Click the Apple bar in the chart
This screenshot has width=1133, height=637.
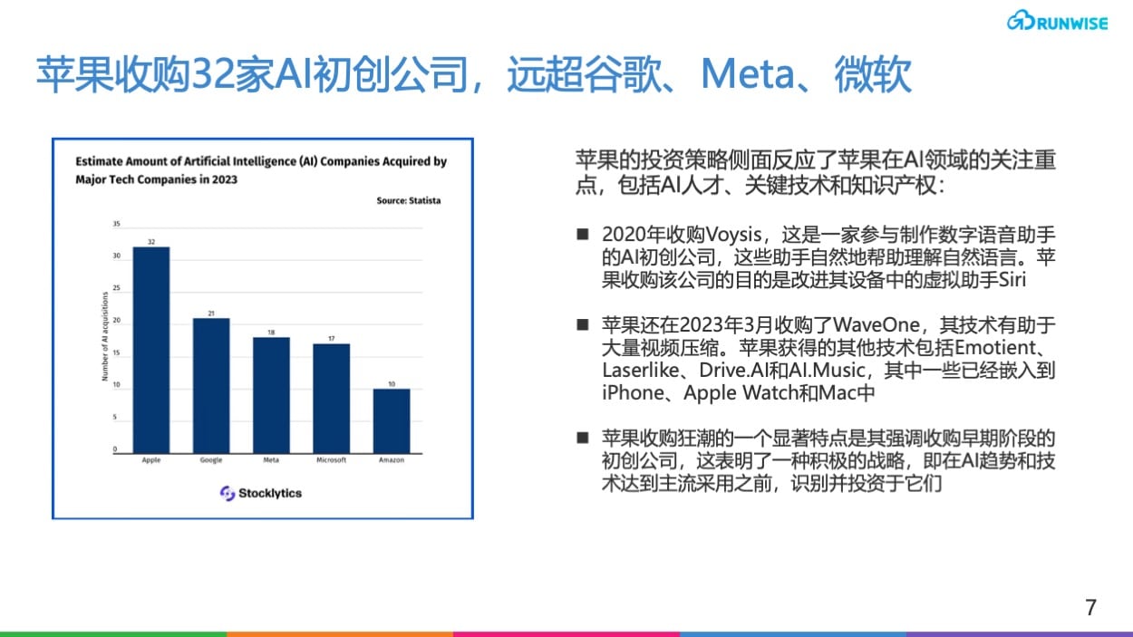(151, 350)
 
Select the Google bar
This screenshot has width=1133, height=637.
(211, 386)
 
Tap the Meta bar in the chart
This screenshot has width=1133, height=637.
(271, 395)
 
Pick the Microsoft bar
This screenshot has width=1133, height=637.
(332, 399)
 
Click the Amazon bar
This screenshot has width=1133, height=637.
(392, 421)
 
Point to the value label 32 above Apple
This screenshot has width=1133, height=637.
(151, 242)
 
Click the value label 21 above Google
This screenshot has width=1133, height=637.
(211, 314)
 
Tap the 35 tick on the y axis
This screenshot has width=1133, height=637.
(116, 224)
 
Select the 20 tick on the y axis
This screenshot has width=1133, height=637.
(116, 321)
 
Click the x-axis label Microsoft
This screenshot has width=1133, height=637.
(332, 460)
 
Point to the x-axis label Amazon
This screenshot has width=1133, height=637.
(392, 460)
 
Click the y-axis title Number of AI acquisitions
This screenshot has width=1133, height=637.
(105, 336)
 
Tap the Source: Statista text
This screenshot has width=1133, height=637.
(409, 201)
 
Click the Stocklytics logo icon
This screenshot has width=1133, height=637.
(228, 494)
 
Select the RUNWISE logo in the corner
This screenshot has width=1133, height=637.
(1057, 21)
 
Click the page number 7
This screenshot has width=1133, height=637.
(1090, 607)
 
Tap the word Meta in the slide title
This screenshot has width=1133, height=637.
(748, 74)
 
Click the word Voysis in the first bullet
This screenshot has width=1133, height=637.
(733, 235)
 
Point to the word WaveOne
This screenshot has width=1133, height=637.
(876, 324)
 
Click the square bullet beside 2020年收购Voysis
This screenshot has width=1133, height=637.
(583, 234)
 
